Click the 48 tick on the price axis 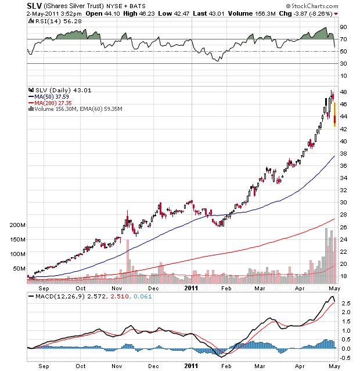pos(343,92)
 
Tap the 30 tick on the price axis pos(343,203)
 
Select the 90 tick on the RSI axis pos(343,27)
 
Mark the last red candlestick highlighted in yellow pos(334,114)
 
